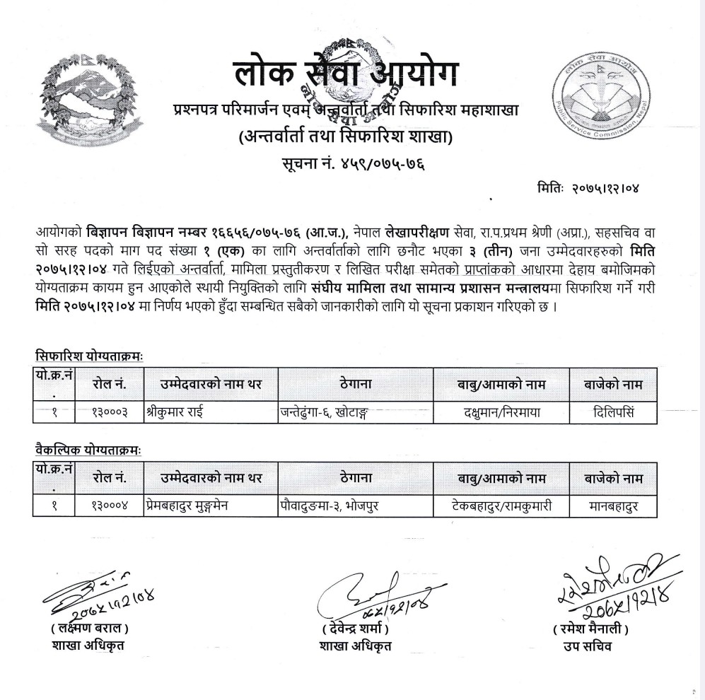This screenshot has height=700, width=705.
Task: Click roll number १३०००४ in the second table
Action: [110, 506]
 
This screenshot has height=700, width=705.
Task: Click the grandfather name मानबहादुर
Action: [613, 506]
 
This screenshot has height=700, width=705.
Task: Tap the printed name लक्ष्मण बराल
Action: [90, 629]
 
